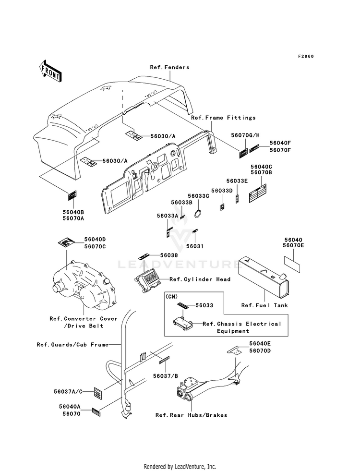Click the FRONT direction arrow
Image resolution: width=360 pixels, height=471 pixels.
point(50,71)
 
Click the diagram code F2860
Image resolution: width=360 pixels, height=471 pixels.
point(306,56)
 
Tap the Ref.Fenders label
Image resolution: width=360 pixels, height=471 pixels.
point(169,67)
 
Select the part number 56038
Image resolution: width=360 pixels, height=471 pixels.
point(169,255)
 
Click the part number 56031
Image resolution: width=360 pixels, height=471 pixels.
point(195,246)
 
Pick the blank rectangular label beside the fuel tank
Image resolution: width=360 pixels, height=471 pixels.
point(292,264)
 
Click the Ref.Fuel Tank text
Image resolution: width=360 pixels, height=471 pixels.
point(264,305)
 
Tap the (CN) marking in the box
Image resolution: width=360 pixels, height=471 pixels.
point(171,297)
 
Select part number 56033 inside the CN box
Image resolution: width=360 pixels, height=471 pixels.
point(204,305)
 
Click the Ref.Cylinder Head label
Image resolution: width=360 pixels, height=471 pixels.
point(200,279)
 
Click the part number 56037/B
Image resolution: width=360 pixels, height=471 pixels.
point(166,376)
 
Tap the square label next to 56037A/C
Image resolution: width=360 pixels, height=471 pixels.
point(97,393)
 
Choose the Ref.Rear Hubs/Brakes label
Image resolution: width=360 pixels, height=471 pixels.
point(191,415)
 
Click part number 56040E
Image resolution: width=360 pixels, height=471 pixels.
point(260,344)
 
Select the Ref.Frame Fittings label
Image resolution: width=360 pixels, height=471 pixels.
point(223,118)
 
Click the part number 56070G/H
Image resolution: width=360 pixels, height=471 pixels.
point(245,135)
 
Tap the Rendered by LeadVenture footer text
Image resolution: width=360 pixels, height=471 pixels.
point(180,467)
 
